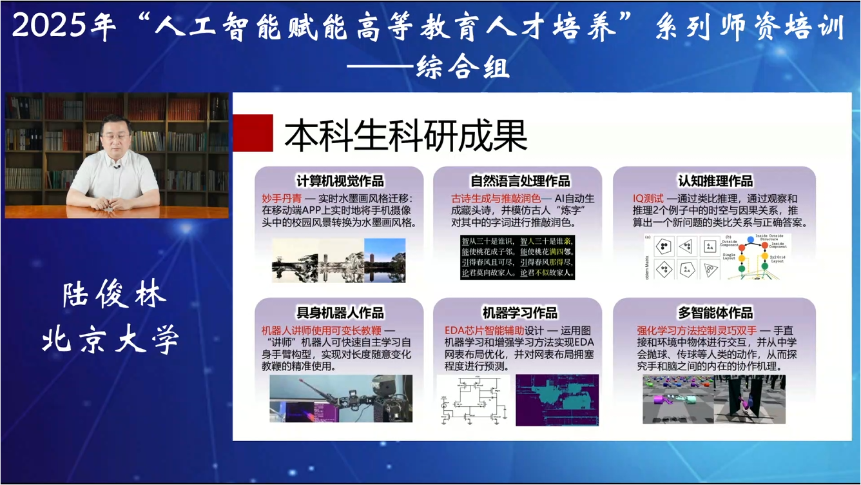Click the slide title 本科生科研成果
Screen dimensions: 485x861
[406, 136]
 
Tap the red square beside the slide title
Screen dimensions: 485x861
[253, 133]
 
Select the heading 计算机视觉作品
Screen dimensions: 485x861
[340, 181]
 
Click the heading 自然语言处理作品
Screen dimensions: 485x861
[519, 181]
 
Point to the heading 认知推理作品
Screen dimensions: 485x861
[715, 181]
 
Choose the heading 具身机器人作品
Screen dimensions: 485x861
[340, 313]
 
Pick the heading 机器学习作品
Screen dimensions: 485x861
[519, 313]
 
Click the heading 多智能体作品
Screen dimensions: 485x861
[715, 313]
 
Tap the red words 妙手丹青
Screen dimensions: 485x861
[277, 199]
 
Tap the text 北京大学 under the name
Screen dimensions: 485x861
[110, 340]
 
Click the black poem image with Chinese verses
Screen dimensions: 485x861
[517, 257]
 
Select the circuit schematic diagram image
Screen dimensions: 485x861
[474, 400]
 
